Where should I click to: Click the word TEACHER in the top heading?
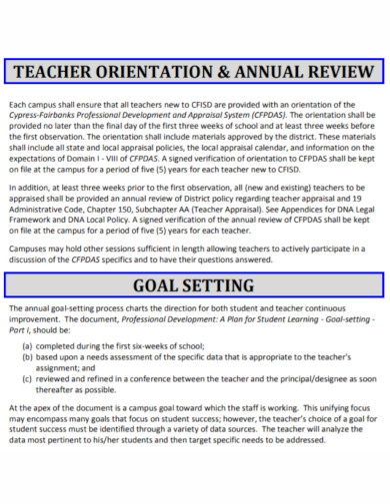coord(62,72)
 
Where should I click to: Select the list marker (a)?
coord(26,345)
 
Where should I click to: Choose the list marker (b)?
coord(26,356)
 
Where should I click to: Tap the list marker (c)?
coord(26,378)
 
